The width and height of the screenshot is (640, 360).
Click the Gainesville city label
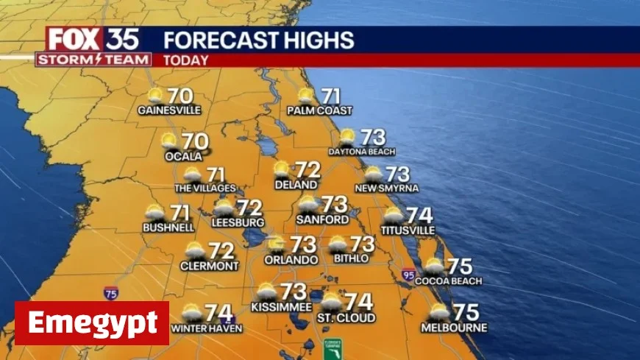(169, 110)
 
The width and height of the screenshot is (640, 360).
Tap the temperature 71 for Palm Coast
(331, 96)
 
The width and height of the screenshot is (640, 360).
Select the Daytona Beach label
(361, 152)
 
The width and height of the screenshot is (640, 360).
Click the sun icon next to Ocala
(169, 140)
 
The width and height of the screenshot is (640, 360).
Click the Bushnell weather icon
(155, 213)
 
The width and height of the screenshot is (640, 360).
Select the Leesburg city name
(238, 222)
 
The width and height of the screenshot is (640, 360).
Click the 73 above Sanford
(335, 204)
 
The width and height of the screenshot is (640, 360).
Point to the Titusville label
(403, 230)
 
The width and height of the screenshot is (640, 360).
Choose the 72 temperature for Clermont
(221, 251)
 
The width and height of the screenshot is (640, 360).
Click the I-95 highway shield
(408, 275)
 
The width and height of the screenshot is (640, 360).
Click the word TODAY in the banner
(185, 60)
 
